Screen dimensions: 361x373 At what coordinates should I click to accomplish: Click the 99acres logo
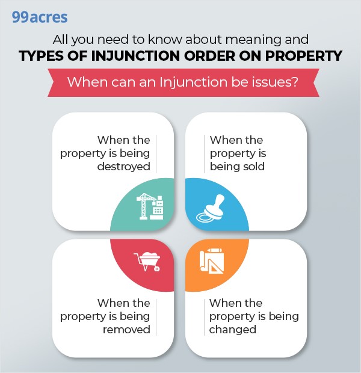40,17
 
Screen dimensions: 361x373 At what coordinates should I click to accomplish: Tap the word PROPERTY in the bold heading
303,56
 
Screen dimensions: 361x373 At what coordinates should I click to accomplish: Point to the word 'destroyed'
124,167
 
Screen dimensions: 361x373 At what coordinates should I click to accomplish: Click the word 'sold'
254,166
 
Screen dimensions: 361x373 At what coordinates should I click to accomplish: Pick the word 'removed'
126,330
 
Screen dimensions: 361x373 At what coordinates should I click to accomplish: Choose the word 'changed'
232,330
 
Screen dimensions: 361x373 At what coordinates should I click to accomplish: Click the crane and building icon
150,206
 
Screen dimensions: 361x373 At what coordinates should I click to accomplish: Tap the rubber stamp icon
211,208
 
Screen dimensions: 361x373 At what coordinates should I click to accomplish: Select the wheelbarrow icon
147,262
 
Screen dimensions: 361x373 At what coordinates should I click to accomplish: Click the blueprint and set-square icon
212,260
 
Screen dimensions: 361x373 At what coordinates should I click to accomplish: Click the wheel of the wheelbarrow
157,268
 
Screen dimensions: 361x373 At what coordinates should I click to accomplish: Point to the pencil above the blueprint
214,250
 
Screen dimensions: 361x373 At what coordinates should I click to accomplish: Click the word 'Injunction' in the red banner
194,82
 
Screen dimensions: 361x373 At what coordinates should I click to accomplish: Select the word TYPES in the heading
42,56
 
